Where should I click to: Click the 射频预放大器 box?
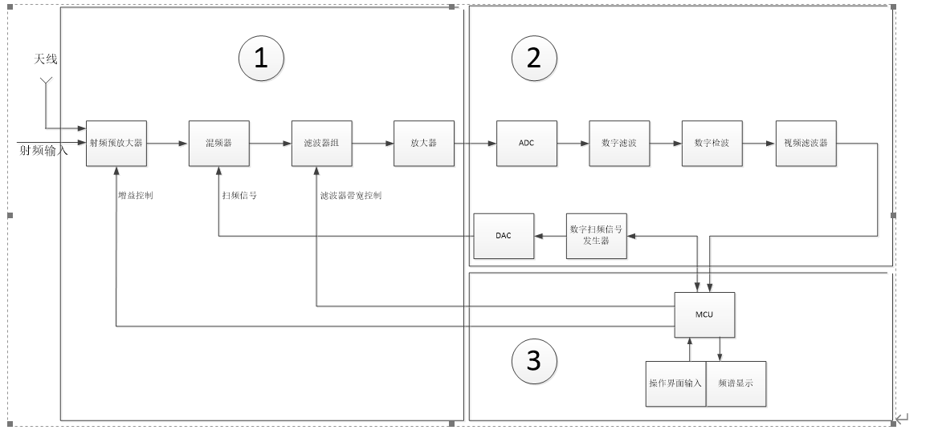click(x=116, y=144)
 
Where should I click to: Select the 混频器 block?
click(x=218, y=144)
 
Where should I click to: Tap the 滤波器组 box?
click(x=321, y=144)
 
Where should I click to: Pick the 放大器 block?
click(x=423, y=144)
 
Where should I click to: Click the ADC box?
click(x=526, y=144)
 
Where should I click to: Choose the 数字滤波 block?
click(x=618, y=144)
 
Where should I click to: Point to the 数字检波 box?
click(x=712, y=144)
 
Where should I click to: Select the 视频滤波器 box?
click(x=806, y=144)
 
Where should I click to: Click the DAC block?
click(x=504, y=236)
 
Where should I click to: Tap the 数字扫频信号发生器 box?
click(x=596, y=236)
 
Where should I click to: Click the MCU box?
click(x=704, y=314)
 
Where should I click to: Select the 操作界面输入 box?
click(x=675, y=383)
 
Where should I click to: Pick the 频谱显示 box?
click(x=736, y=383)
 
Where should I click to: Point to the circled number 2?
click(x=534, y=59)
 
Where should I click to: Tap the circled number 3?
click(x=534, y=361)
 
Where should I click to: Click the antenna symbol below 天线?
click(x=46, y=81)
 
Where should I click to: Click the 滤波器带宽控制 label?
click(x=351, y=195)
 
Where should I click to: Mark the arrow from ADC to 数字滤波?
click(x=572, y=144)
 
